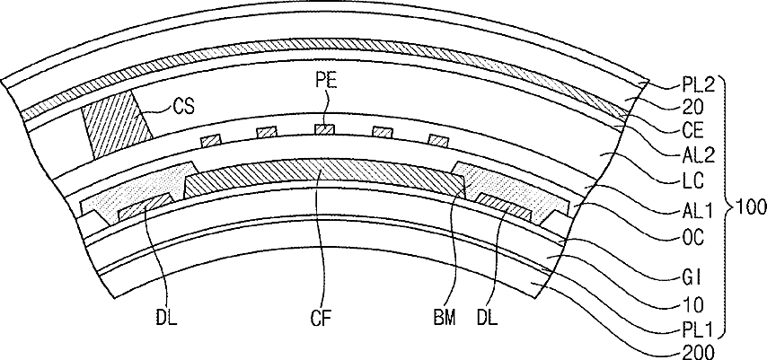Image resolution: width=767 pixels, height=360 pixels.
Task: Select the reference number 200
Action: click(698, 352)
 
